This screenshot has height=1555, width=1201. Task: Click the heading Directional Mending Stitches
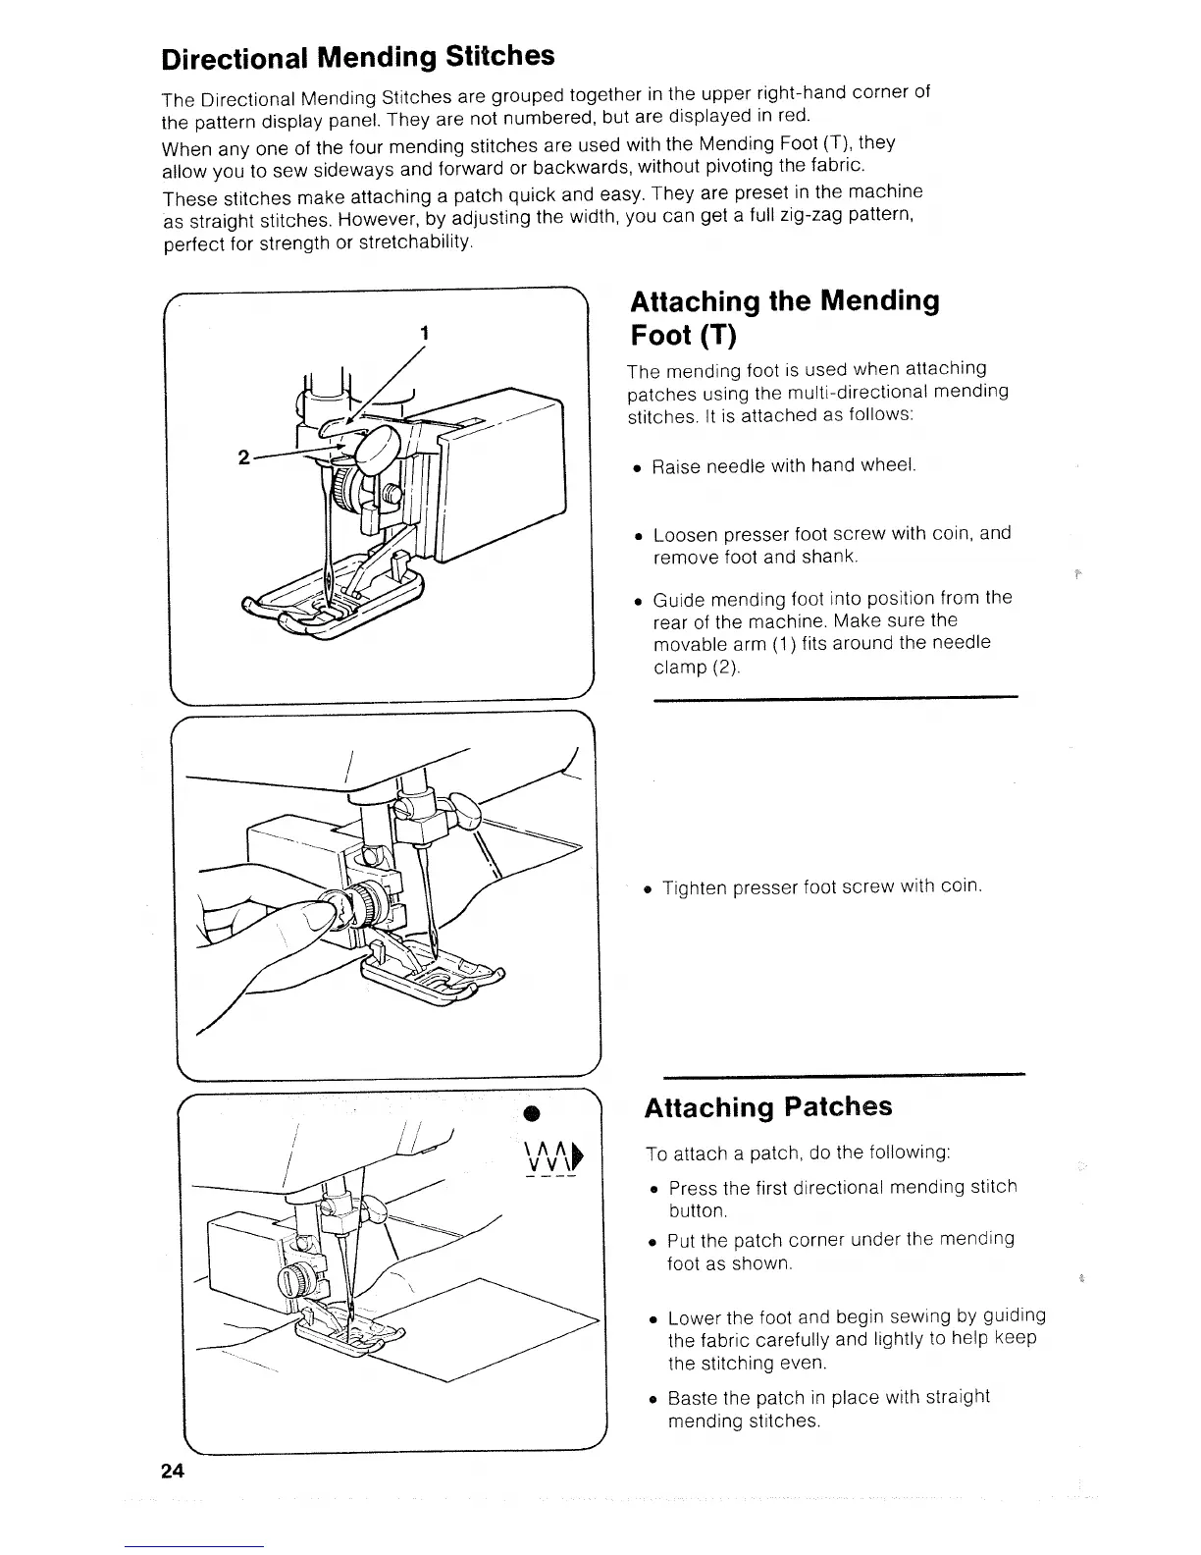(x=358, y=57)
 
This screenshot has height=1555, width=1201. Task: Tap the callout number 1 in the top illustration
(x=424, y=333)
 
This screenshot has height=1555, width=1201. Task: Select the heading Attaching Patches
(x=767, y=1106)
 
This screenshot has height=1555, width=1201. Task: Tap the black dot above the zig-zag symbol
(x=531, y=1112)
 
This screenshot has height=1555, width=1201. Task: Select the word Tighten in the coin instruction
(x=696, y=887)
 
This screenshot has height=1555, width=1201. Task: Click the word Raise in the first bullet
(x=675, y=466)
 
